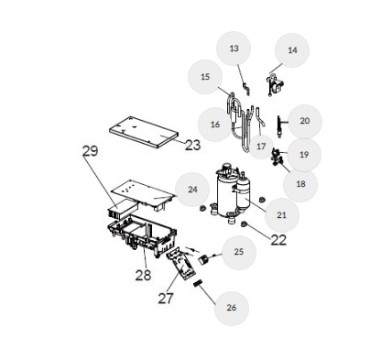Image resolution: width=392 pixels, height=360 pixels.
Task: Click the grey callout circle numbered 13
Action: click(234, 49)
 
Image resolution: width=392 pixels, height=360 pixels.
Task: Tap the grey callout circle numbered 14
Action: click(292, 50)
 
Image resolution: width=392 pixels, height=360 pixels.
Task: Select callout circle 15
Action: click(205, 77)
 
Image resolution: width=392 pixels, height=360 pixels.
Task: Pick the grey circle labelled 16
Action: click(215, 125)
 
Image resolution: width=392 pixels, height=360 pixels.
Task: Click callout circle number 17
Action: click(261, 147)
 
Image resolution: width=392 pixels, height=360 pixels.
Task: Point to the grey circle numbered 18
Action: click(300, 184)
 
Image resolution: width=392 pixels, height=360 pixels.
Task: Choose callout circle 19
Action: click(304, 155)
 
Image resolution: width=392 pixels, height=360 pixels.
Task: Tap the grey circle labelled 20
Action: click(305, 121)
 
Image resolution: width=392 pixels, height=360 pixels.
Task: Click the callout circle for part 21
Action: click(282, 215)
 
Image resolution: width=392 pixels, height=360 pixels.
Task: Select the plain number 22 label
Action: click(278, 240)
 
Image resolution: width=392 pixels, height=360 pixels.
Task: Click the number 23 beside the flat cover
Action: click(192, 146)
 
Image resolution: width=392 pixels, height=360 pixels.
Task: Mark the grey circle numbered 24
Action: click(192, 190)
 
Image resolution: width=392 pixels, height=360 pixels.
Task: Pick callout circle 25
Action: click(239, 252)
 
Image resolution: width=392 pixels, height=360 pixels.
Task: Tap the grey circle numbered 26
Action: click(232, 308)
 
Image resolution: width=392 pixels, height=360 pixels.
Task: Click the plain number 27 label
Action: click(166, 299)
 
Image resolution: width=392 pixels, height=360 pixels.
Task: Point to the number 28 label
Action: click(143, 276)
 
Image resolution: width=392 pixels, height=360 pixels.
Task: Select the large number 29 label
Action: click(91, 151)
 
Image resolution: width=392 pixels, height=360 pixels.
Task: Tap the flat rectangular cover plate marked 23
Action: click(144, 132)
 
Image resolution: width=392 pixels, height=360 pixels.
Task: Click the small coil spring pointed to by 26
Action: click(199, 283)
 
